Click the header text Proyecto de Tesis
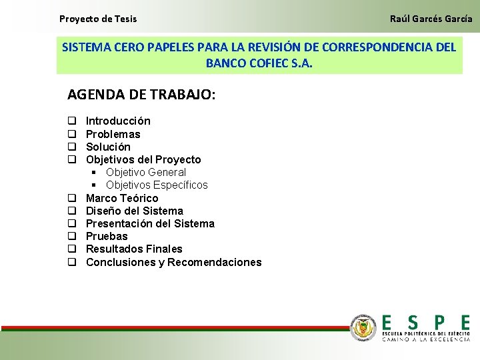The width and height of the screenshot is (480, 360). [x=98, y=19]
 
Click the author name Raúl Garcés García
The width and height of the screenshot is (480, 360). [x=431, y=19]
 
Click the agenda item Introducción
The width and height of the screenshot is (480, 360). [x=118, y=121]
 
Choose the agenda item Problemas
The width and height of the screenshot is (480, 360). [x=113, y=134]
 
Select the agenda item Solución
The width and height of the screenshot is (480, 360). [x=108, y=147]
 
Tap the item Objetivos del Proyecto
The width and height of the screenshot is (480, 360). [x=143, y=159]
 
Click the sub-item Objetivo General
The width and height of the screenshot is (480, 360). [x=145, y=172]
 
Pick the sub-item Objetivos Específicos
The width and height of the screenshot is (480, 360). [x=157, y=185]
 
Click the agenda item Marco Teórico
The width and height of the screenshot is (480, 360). [x=122, y=198]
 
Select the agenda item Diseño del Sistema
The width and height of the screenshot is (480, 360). [x=135, y=211]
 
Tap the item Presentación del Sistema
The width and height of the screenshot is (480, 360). [x=150, y=223]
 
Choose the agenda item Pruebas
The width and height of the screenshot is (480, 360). [x=107, y=236]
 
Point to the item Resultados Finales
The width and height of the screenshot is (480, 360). [x=134, y=249]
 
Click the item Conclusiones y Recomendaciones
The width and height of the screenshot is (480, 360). [x=173, y=262]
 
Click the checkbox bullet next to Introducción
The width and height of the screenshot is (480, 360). [x=71, y=121]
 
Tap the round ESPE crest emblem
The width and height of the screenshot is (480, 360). [x=363, y=327]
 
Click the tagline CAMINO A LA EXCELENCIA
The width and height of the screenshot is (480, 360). [x=426, y=339]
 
